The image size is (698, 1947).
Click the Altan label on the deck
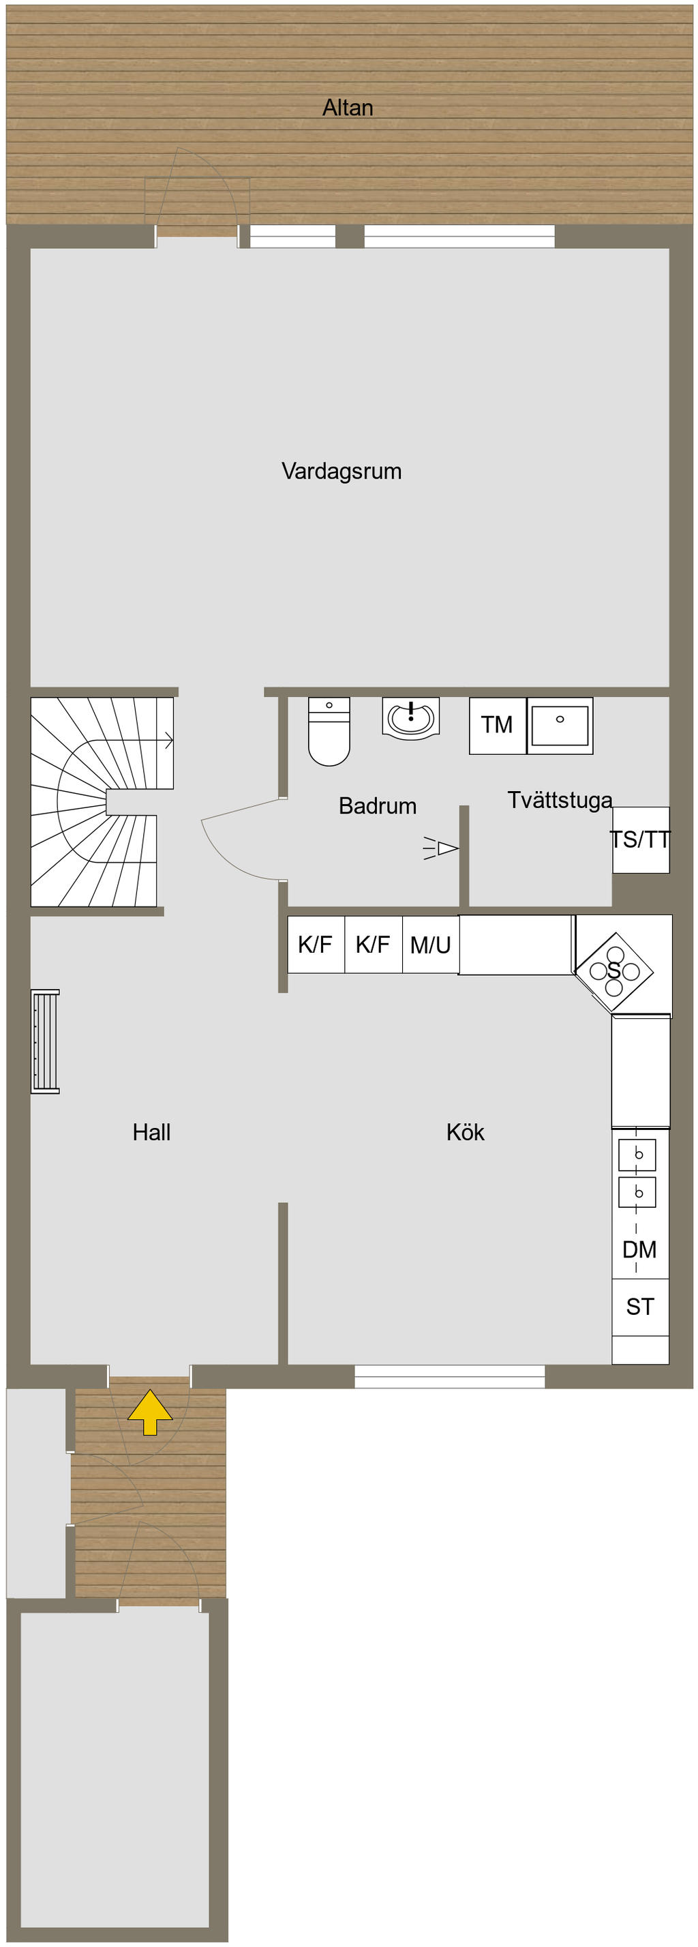[x=348, y=108]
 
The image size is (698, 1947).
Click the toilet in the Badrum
[x=329, y=731]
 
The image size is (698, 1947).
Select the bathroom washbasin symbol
[x=411, y=717]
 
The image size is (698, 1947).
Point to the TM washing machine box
[x=497, y=726]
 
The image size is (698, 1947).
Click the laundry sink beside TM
[x=560, y=726]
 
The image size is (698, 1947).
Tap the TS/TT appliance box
[x=641, y=839]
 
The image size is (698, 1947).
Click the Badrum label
[x=378, y=805]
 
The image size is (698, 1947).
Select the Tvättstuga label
[x=560, y=801]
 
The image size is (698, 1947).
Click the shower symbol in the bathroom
[x=441, y=849]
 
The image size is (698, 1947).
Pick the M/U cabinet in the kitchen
[x=431, y=945]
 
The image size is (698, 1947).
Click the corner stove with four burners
[x=614, y=971]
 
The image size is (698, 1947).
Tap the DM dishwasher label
[x=639, y=1249]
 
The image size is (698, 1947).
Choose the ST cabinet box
[x=640, y=1307]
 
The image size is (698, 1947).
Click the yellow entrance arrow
[x=149, y=1412]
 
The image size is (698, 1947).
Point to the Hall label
[x=152, y=1132]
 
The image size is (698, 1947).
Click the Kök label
[x=466, y=1132]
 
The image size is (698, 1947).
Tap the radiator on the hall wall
[x=45, y=1041]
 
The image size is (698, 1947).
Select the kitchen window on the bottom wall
[x=449, y=1376]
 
